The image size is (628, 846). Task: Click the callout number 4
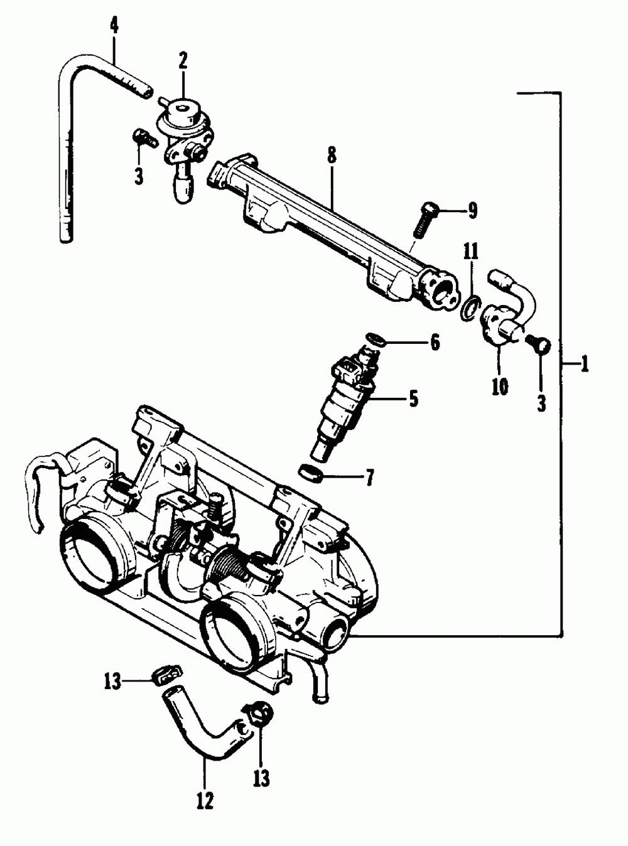(113, 26)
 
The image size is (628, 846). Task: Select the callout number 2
(183, 62)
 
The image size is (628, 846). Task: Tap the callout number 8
(332, 155)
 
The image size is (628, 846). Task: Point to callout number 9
(471, 210)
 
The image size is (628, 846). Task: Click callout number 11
(471, 252)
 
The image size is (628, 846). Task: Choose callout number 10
(499, 387)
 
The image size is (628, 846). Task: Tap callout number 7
(369, 478)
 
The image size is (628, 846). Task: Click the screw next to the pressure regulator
(143, 137)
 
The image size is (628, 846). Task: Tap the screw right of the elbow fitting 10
(541, 345)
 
